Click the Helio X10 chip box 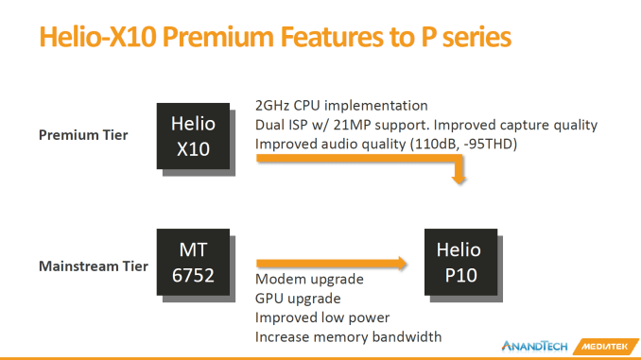[x=193, y=136]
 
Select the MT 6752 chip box [x=193, y=262]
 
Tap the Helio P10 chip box [x=460, y=262]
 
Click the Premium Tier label [x=83, y=135]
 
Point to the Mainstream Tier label [x=94, y=266]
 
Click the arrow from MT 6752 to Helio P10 [x=332, y=264]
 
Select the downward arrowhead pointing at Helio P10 [x=459, y=179]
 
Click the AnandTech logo [x=535, y=347]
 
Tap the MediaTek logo [x=605, y=347]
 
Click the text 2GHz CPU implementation [x=341, y=106]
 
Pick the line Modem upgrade [x=309, y=280]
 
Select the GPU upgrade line [x=298, y=299]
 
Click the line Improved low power [x=322, y=317]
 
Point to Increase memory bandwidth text [x=348, y=337]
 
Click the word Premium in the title [x=217, y=37]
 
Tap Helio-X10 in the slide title [x=97, y=37]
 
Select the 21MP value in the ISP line [x=352, y=125]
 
